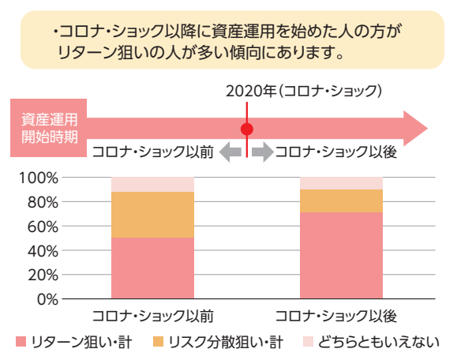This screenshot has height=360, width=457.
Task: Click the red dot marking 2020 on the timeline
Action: (x=247, y=129)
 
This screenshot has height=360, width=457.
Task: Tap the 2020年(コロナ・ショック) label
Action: (x=304, y=91)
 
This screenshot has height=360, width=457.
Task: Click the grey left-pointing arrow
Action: (x=230, y=152)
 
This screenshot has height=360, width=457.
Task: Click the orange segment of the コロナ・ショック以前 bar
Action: (x=152, y=215)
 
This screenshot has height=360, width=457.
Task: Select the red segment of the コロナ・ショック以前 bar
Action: (x=152, y=268)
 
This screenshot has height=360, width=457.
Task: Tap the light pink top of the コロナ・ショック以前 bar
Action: (x=152, y=185)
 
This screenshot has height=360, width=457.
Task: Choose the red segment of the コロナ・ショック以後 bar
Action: (x=341, y=256)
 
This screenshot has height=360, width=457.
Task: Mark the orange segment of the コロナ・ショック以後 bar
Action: (x=341, y=201)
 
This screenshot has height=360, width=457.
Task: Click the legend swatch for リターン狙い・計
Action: (x=21, y=342)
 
